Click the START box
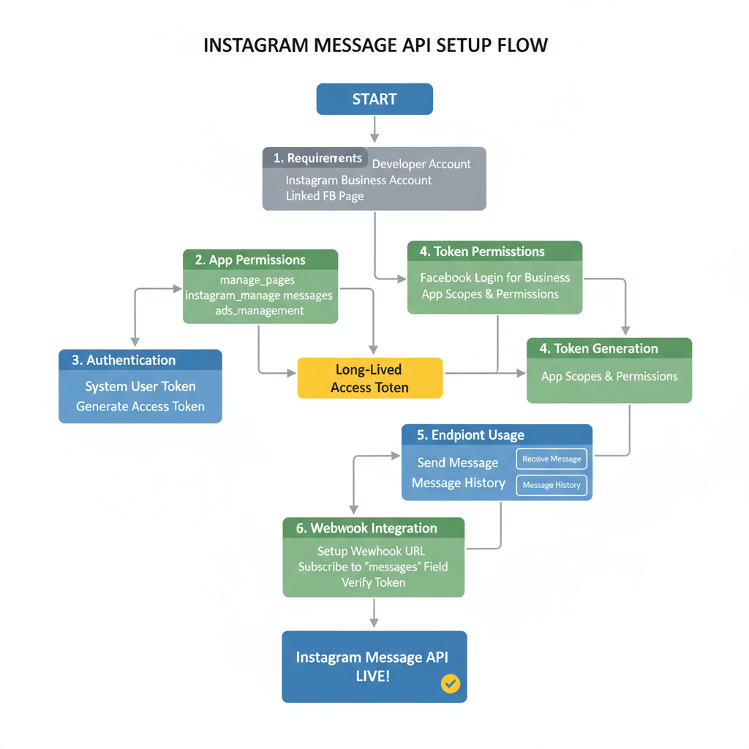point(374,99)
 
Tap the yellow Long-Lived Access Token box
point(369,378)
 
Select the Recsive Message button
point(552,459)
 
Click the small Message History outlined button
point(552,485)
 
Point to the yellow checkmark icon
point(451,684)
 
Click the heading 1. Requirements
point(317,158)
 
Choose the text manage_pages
point(257,280)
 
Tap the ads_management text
point(260,310)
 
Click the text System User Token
point(140,386)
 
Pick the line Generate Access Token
point(140,407)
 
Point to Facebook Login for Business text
point(494,278)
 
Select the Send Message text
point(458,462)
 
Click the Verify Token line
point(373,582)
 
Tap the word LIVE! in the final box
point(373,676)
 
